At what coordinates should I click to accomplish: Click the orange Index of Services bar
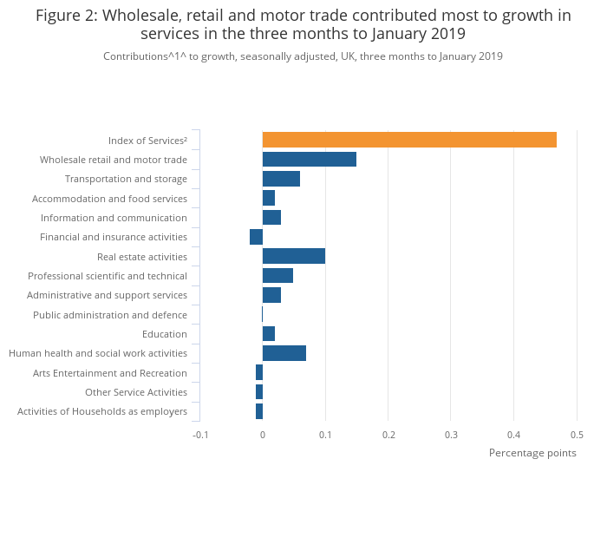(x=409, y=140)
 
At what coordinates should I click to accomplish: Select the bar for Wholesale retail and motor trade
(x=310, y=159)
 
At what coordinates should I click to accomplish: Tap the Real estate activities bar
(x=294, y=256)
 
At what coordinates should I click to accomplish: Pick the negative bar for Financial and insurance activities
(x=256, y=237)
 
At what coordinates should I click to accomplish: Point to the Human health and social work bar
(x=284, y=353)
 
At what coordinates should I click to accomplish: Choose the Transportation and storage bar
(x=281, y=179)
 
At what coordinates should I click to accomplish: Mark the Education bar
(x=269, y=334)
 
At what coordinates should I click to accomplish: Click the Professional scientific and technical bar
(x=277, y=276)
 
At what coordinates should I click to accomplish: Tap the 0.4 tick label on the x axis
(x=513, y=435)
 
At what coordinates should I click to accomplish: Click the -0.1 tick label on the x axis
(x=200, y=435)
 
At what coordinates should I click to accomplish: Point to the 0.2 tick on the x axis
(x=388, y=435)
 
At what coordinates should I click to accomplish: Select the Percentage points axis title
(x=532, y=453)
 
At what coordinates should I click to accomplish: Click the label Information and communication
(x=114, y=218)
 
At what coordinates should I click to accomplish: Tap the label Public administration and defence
(x=110, y=315)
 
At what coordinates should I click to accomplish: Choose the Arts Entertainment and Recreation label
(x=110, y=373)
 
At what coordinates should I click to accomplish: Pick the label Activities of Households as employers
(x=102, y=411)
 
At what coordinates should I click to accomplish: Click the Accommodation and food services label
(x=109, y=199)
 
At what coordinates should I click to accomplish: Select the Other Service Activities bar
(x=259, y=392)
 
